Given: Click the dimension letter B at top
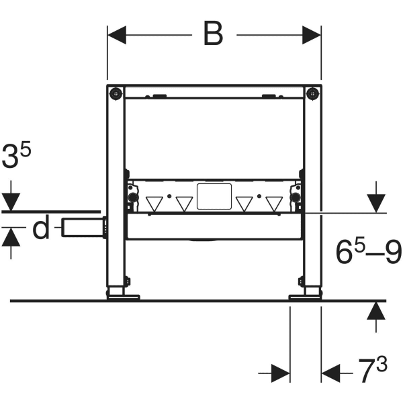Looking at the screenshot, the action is pyautogui.click(x=213, y=34).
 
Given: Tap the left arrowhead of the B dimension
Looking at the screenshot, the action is pyautogui.click(x=117, y=35).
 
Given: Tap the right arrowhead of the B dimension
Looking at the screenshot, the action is pyautogui.click(x=312, y=35).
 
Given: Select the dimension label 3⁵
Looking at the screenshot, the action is pyautogui.click(x=16, y=155).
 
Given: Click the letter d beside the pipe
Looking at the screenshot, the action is pyautogui.click(x=41, y=227).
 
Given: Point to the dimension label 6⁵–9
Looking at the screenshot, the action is pyautogui.click(x=368, y=252).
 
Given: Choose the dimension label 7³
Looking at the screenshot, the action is pyautogui.click(x=372, y=369).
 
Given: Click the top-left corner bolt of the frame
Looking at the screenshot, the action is pyautogui.click(x=116, y=93).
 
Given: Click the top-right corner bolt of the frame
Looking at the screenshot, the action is pyautogui.click(x=312, y=93).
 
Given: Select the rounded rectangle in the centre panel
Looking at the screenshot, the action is pyautogui.click(x=214, y=196).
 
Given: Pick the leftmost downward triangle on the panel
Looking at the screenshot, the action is pyautogui.click(x=154, y=204).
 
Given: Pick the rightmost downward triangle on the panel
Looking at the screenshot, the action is pyautogui.click(x=274, y=204).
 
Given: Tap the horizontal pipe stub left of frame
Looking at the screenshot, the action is pyautogui.click(x=84, y=227).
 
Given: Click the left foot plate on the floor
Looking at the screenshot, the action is pyautogui.click(x=124, y=298).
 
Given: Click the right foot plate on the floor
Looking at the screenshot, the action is pyautogui.click(x=305, y=298).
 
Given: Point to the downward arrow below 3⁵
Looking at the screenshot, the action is pyautogui.click(x=11, y=195).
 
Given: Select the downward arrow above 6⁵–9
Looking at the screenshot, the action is pyautogui.click(x=376, y=197).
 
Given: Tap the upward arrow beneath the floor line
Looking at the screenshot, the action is pyautogui.click(x=376, y=317).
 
